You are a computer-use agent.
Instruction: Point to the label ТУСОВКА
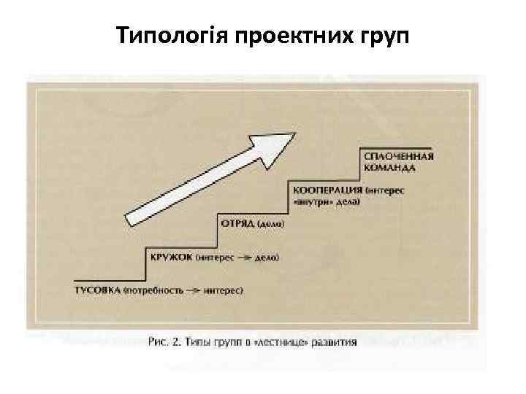pos(98,291)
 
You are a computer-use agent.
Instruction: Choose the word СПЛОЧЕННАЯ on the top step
pos(398,157)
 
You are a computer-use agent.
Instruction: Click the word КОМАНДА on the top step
pos(389,167)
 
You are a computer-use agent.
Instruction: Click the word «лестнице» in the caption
pos(289,340)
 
